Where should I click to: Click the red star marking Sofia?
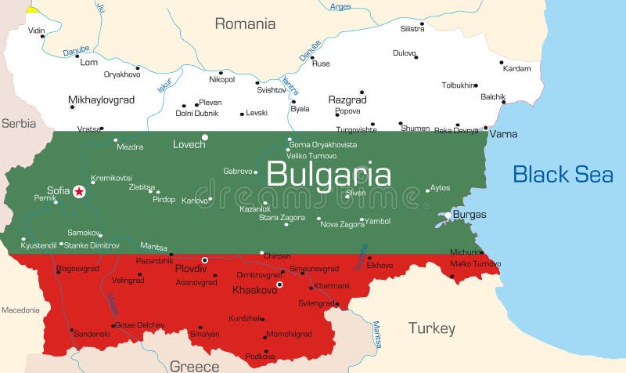click(x=79, y=190)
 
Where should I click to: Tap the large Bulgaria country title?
click(x=329, y=174)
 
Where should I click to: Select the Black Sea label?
click(x=563, y=174)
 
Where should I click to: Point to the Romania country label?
click(x=245, y=24)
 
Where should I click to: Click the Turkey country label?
click(x=431, y=328)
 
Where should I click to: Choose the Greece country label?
click(x=195, y=366)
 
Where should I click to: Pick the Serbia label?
click(x=18, y=123)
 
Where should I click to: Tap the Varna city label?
click(x=504, y=134)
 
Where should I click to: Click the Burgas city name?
click(x=469, y=215)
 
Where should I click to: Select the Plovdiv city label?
click(x=190, y=268)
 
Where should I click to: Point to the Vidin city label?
click(x=37, y=31)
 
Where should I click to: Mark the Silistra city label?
click(x=412, y=28)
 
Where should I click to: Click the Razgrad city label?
click(x=347, y=100)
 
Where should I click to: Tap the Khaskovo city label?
click(x=256, y=290)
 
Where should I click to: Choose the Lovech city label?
click(x=189, y=144)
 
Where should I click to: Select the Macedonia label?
click(x=20, y=310)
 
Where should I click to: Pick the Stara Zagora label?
click(x=282, y=217)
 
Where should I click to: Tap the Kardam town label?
click(x=516, y=68)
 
